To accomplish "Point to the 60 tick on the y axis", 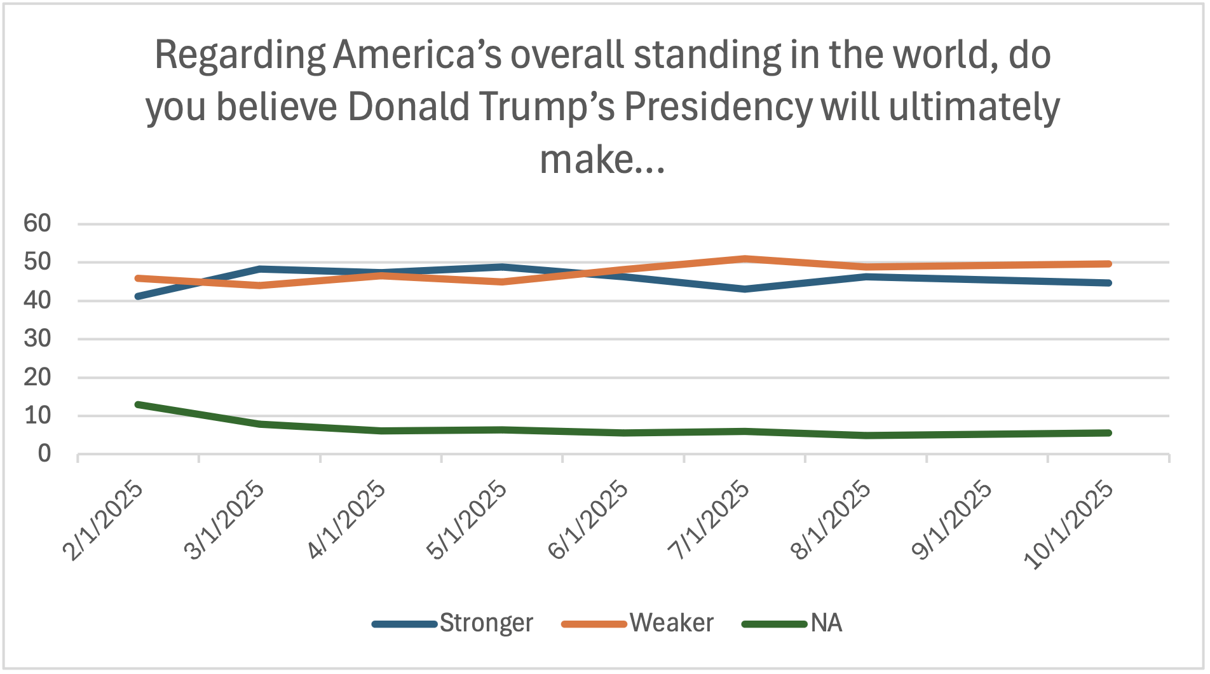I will (37, 223).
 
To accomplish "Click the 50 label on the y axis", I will (37, 262).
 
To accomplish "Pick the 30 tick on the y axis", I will (37, 339).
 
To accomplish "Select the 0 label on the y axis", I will (44, 454).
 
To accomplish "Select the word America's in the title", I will (418, 55).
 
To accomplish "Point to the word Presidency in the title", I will (718, 106).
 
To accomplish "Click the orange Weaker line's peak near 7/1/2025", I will (744, 259).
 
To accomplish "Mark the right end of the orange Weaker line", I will (1108, 264).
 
